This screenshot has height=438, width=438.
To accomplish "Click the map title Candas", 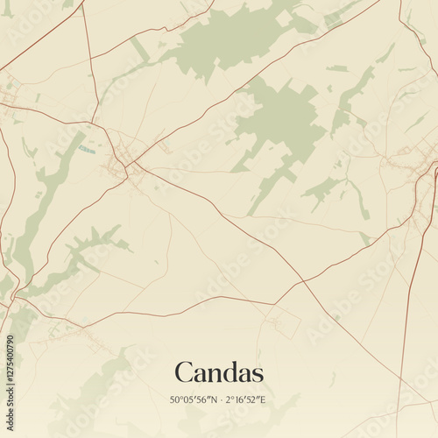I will [x=219, y=371].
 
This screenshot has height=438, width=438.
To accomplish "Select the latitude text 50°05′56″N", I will [x=194, y=399].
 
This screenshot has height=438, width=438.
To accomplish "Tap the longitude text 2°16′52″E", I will [x=244, y=399].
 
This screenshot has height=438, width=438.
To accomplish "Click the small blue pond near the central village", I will [x=85, y=150].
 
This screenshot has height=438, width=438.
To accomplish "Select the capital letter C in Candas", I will [x=184, y=371].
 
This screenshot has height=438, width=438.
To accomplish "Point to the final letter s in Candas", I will [x=257, y=373].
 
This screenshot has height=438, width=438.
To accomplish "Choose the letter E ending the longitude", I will [x=264, y=399].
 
